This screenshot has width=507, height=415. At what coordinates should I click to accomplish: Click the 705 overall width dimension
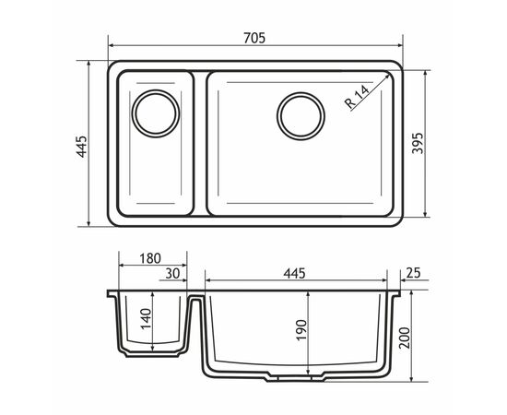(254, 38)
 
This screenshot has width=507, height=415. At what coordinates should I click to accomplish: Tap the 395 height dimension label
(418, 143)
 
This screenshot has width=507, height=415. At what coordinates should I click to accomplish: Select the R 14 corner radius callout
(357, 97)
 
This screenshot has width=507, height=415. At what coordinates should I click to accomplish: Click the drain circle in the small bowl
(156, 113)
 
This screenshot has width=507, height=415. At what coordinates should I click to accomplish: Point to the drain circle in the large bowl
(301, 116)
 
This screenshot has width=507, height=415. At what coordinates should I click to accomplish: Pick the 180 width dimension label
(150, 258)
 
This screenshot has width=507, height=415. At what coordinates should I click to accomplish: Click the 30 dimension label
(172, 274)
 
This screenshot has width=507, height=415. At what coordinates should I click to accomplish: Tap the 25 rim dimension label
(413, 273)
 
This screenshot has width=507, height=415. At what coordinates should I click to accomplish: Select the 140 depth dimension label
(146, 319)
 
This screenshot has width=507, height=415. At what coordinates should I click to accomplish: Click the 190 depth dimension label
(301, 330)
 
